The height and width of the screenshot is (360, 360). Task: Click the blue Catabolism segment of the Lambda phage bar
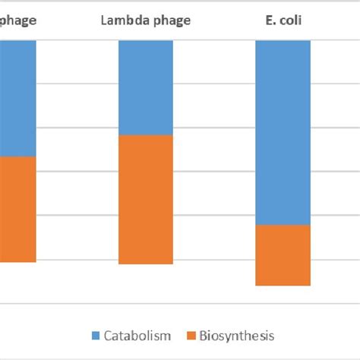(146, 87)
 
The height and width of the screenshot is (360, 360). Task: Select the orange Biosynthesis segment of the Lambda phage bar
(146, 199)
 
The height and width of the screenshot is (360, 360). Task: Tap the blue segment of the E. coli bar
(283, 132)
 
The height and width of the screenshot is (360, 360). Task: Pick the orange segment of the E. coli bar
(283, 255)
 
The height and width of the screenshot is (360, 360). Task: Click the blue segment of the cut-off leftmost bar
(17, 98)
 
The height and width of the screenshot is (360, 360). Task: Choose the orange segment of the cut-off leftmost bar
(17, 209)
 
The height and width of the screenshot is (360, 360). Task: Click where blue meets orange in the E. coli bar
(283, 225)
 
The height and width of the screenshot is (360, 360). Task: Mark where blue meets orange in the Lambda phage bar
(146, 134)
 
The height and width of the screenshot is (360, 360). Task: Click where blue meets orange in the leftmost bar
(17, 156)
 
